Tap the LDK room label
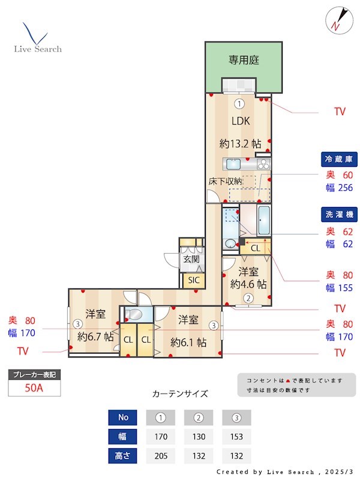[241, 120]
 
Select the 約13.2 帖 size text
[240, 143]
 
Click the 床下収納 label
[225, 181]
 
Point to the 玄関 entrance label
[191, 259]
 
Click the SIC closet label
[193, 280]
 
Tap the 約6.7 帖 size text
[95, 337]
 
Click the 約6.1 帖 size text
[188, 343]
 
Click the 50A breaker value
[34, 388]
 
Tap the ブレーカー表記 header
[34, 374]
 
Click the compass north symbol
[338, 19]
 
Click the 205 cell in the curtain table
[160, 455]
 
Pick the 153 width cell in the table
[236, 436]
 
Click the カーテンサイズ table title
[180, 394]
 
